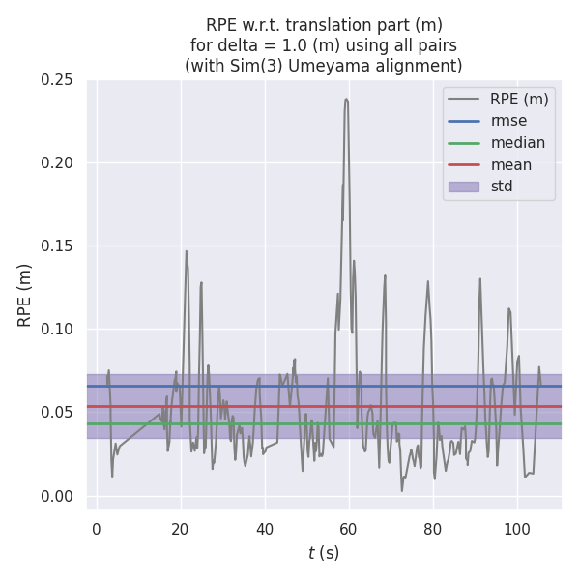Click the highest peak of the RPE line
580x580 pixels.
[x=346, y=99]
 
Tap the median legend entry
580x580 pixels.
[x=518, y=143]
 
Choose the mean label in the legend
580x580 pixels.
[x=511, y=164]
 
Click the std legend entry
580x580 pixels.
[x=502, y=187]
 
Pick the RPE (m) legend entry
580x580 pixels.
[x=519, y=99]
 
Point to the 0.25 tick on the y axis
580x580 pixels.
[x=57, y=79]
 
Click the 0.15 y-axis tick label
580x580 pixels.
[x=57, y=246]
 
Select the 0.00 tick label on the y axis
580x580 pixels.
[x=57, y=496]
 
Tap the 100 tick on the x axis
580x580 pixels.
[x=516, y=529]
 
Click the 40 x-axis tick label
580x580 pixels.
[x=265, y=529]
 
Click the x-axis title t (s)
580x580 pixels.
[x=324, y=553]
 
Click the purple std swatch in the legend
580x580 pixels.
[x=464, y=187]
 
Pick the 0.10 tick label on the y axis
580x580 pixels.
[x=57, y=330]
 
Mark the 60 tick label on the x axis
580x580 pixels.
[x=349, y=529]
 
